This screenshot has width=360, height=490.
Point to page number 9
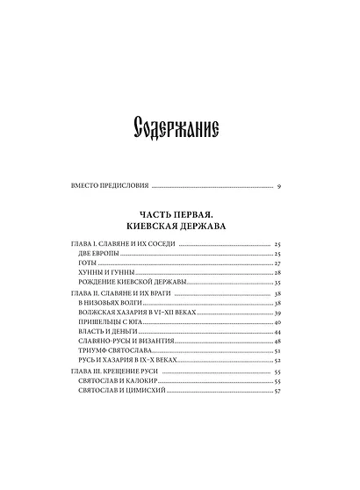277,186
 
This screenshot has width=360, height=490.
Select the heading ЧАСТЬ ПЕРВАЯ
179,213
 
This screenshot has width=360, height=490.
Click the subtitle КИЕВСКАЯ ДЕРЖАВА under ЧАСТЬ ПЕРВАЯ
179,226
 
